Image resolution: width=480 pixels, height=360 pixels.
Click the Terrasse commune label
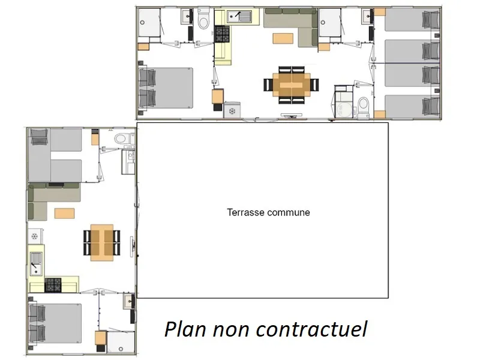point(268,212)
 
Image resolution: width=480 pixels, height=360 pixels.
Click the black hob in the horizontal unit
point(222,33)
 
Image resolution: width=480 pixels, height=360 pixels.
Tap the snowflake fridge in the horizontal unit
point(232,111)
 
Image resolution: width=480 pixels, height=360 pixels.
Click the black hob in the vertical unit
point(53,284)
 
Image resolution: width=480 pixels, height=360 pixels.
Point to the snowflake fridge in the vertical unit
point(35,237)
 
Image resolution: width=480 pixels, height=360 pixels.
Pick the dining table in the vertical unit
point(102,242)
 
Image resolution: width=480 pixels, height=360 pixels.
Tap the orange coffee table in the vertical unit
point(64,212)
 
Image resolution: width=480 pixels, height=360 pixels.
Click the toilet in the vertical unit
point(121,139)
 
